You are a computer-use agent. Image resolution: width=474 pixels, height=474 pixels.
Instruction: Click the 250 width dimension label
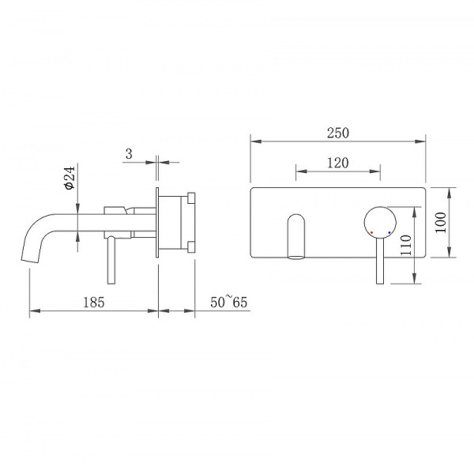[338, 133]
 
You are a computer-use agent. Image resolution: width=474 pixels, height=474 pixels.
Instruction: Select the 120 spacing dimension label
[338, 163]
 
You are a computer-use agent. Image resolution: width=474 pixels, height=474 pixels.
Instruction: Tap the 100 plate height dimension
[441, 223]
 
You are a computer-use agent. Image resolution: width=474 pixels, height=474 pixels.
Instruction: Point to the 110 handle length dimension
[406, 245]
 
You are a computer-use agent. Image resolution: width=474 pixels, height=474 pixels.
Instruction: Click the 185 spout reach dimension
[94, 303]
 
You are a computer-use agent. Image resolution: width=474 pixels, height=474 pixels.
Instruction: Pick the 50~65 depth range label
[229, 302]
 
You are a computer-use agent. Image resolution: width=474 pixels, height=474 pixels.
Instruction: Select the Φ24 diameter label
[70, 178]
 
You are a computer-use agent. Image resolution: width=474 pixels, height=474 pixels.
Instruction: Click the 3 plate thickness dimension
[129, 154]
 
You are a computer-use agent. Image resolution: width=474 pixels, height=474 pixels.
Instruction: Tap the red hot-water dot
[371, 232]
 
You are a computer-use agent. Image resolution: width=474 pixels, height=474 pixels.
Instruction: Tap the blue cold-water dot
[389, 232]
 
